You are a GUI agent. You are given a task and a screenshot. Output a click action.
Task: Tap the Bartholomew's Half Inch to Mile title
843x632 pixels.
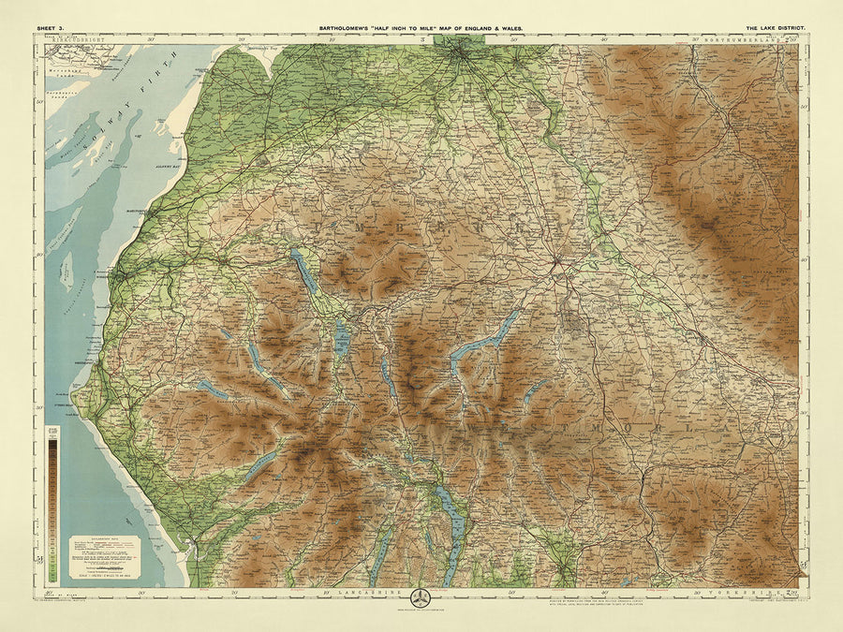(421, 30)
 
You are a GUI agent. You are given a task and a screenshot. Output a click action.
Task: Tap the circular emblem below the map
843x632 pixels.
(421, 596)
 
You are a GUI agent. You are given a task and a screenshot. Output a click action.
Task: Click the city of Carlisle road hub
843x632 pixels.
(463, 56)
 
